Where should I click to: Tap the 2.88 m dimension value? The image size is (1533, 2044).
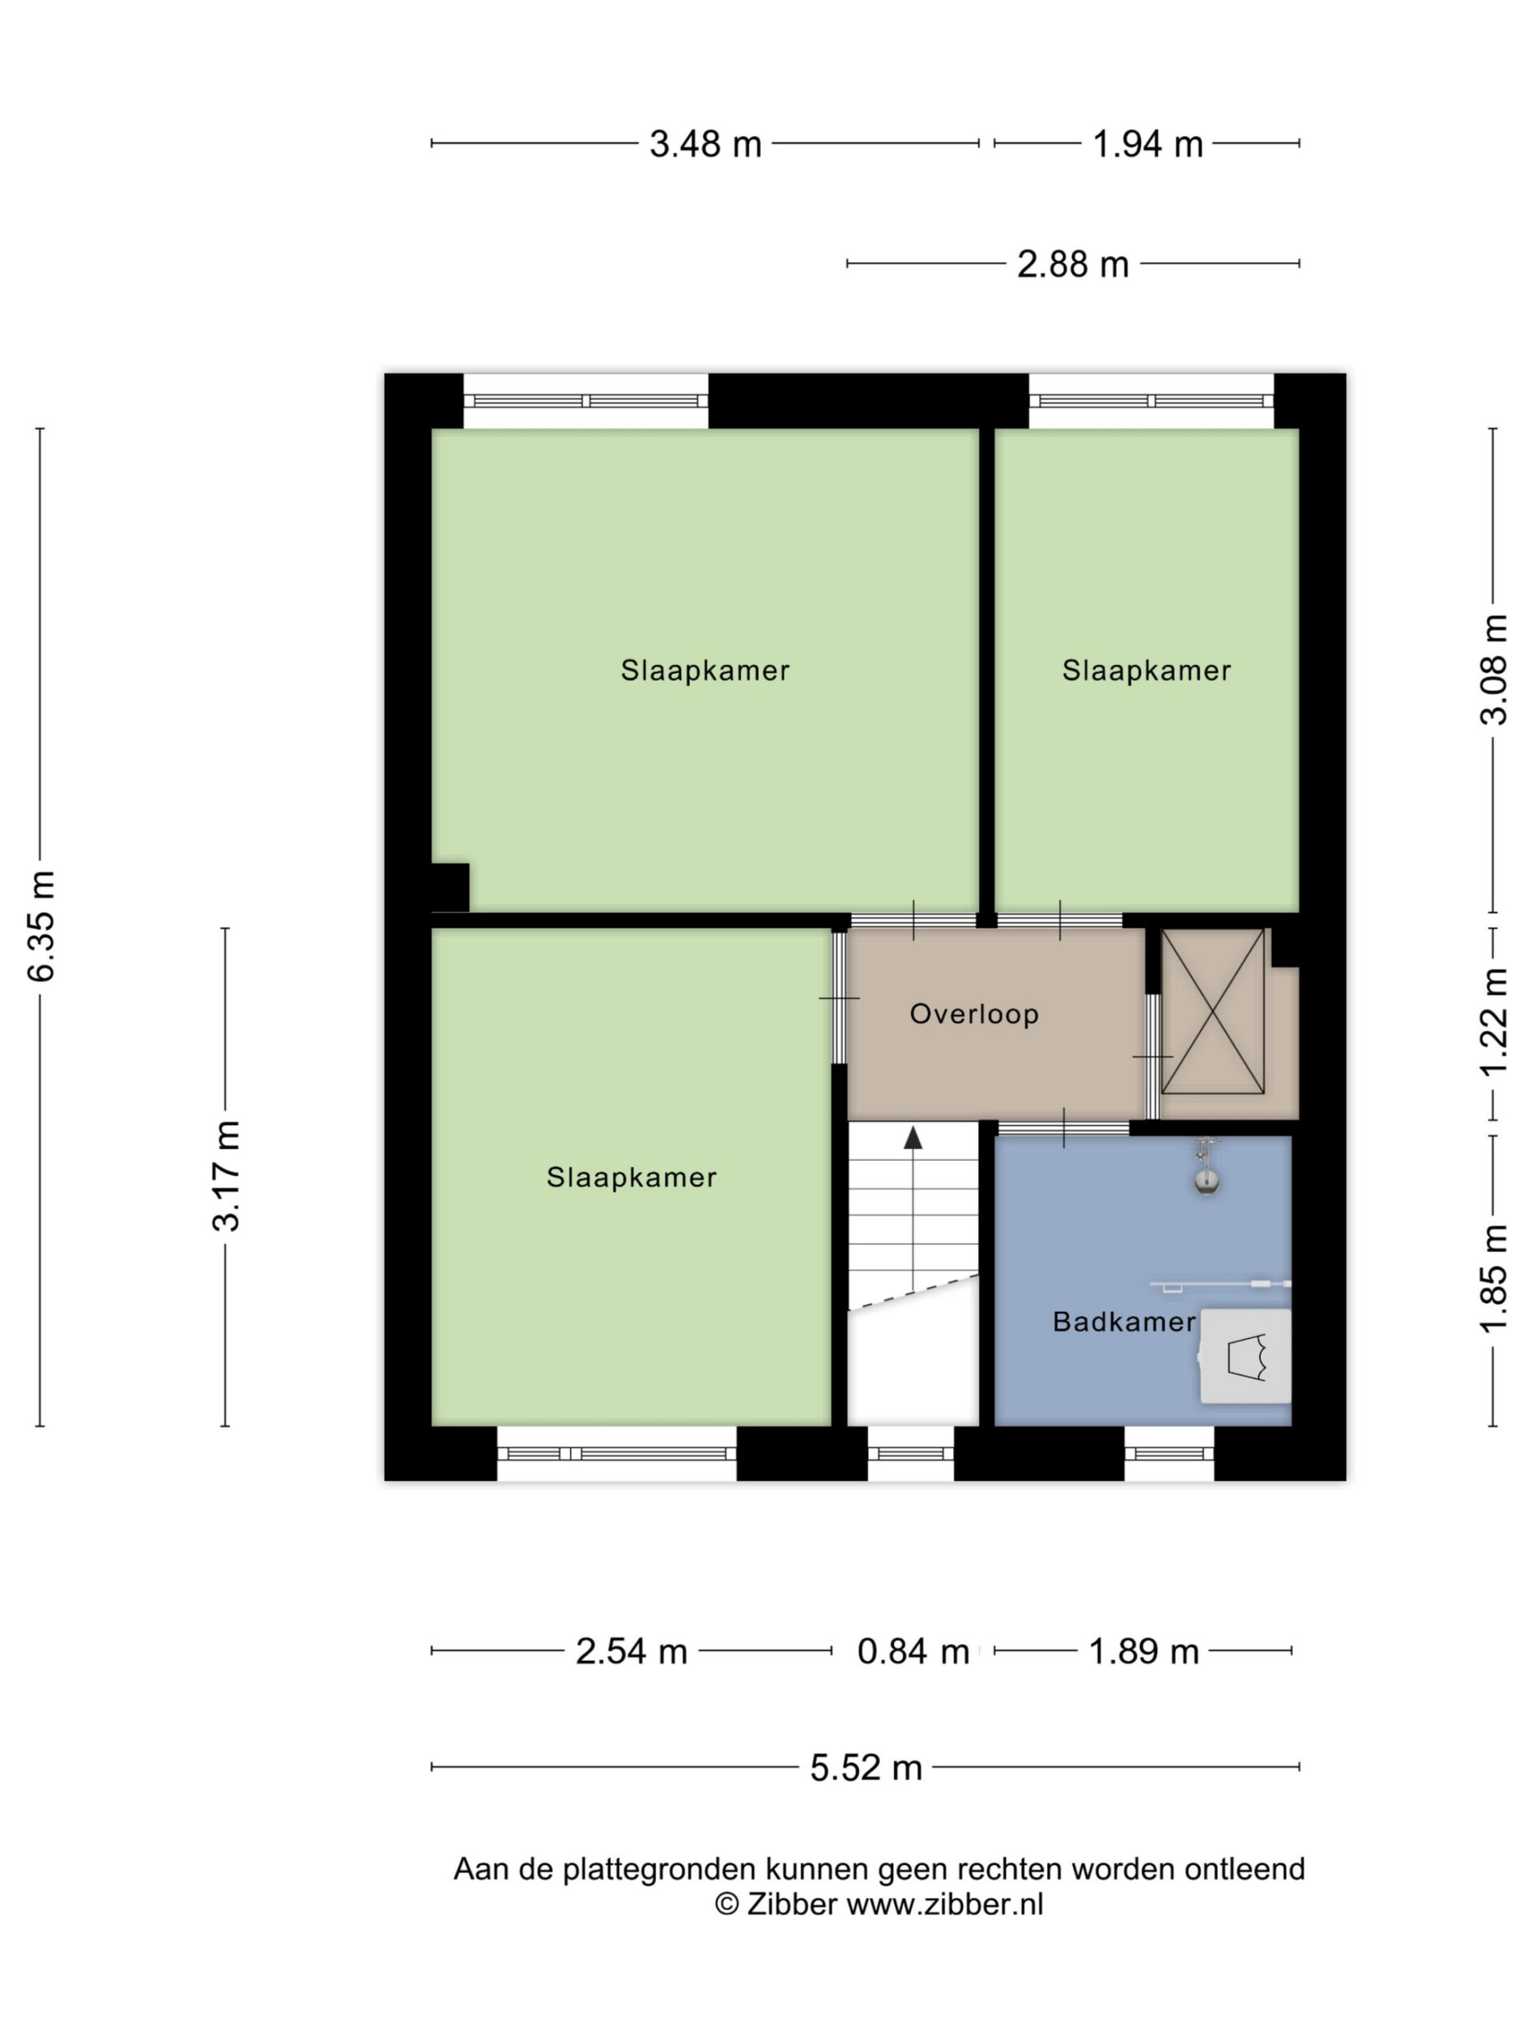click(x=1073, y=264)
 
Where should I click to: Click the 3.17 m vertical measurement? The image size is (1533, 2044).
click(x=227, y=1176)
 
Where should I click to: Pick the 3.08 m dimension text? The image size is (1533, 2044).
click(x=1494, y=670)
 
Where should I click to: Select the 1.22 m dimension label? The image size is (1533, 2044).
click(x=1494, y=1022)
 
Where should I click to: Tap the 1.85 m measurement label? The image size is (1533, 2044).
click(x=1494, y=1278)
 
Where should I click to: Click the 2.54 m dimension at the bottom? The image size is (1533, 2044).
click(x=632, y=1651)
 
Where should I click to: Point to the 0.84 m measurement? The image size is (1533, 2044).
click(x=913, y=1651)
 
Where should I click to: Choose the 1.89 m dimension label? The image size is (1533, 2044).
click(x=1144, y=1651)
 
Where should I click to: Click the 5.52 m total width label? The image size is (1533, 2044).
click(x=866, y=1768)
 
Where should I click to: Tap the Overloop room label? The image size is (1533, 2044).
click(x=974, y=1014)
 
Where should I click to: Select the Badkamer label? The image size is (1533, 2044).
click(x=1123, y=1321)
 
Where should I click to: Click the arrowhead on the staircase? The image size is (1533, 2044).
click(x=913, y=1138)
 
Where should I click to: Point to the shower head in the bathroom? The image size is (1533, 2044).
click(x=1206, y=1170)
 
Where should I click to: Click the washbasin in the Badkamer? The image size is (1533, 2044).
click(x=1244, y=1357)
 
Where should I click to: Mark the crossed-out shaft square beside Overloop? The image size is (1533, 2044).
click(x=1212, y=1011)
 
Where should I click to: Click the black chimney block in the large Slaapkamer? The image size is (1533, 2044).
click(x=450, y=887)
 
